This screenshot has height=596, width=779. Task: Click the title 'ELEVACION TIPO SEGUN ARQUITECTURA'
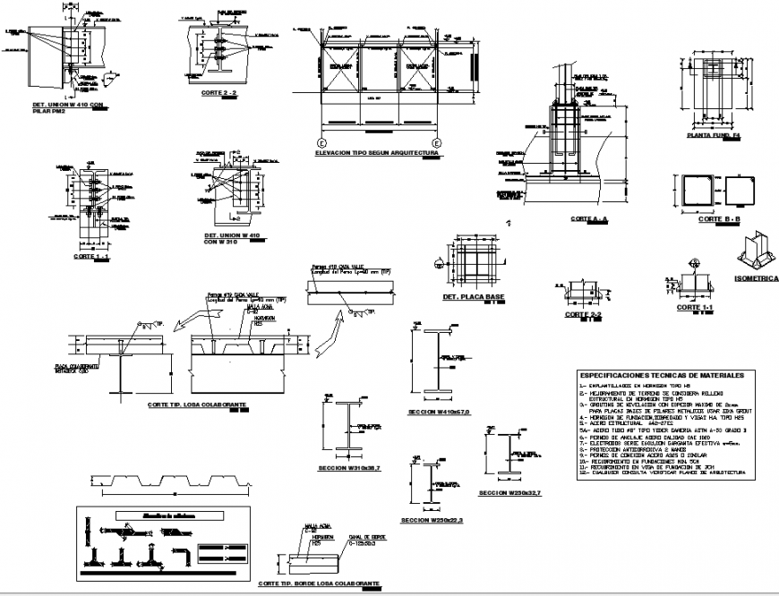(376, 153)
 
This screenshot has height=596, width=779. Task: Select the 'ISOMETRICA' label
(756, 278)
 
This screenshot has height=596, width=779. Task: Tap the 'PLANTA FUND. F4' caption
(712, 136)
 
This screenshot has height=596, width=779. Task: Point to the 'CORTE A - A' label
(588, 218)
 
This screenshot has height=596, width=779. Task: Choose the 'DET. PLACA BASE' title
(474, 295)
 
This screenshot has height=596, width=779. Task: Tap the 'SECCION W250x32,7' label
(515, 493)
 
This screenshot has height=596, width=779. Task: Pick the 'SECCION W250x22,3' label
(432, 520)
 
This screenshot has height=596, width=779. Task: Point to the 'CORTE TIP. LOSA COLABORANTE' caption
(195, 404)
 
